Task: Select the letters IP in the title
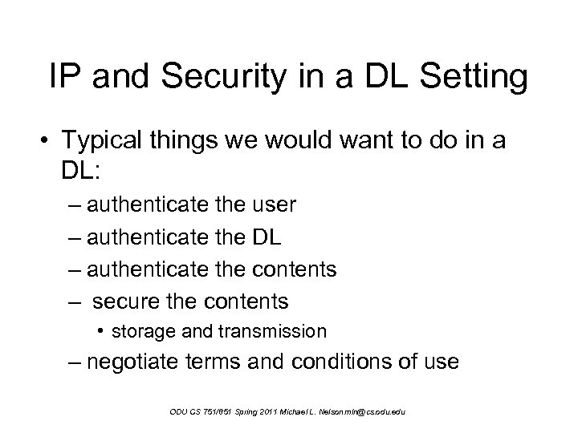point(62,78)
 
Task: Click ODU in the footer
point(179,412)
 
